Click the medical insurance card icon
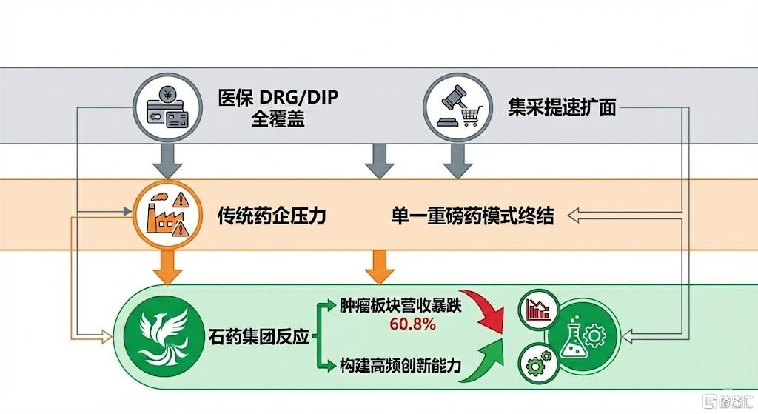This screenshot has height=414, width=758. tap(170, 108)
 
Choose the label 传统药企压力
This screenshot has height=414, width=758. tap(272, 216)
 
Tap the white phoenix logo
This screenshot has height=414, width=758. tap(158, 337)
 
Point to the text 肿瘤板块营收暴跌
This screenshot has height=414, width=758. tap(400, 306)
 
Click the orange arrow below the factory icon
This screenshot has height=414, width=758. tap(170, 267)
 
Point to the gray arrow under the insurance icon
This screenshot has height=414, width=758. tap(170, 161)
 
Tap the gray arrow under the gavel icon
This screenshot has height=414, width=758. tap(457, 161)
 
